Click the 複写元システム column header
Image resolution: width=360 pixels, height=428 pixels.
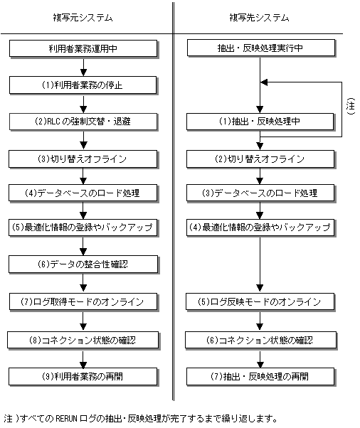click(83, 18)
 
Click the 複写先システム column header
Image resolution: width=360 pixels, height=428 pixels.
click(259, 18)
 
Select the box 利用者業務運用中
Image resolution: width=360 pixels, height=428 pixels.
click(83, 48)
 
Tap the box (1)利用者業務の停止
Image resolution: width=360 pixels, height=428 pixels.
click(83, 85)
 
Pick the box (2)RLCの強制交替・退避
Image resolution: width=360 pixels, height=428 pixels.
click(83, 122)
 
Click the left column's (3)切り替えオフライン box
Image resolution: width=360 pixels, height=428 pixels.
click(83, 159)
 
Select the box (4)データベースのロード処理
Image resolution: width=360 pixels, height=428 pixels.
click(83, 193)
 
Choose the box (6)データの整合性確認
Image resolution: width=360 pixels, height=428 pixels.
click(83, 264)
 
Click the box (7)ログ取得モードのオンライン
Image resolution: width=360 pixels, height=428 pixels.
click(83, 301)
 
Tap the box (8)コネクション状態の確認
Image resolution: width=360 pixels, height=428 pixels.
click(83, 340)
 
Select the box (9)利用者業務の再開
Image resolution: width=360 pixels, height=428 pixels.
click(83, 377)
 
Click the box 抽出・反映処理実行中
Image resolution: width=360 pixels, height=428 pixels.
click(261, 48)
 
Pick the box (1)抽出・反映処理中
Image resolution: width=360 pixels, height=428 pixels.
click(260, 122)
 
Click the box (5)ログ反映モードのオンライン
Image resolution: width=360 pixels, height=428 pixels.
click(260, 301)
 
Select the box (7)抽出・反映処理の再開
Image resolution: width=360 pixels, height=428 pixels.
click(260, 377)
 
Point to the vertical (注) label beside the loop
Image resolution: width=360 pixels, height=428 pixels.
click(351, 106)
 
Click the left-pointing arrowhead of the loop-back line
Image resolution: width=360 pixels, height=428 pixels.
click(264, 82)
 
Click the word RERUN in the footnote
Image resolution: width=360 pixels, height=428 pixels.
click(66, 419)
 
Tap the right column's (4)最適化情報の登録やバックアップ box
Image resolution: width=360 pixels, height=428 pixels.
click(260, 227)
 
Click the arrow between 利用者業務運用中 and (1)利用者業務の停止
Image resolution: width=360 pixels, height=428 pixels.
click(83, 67)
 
